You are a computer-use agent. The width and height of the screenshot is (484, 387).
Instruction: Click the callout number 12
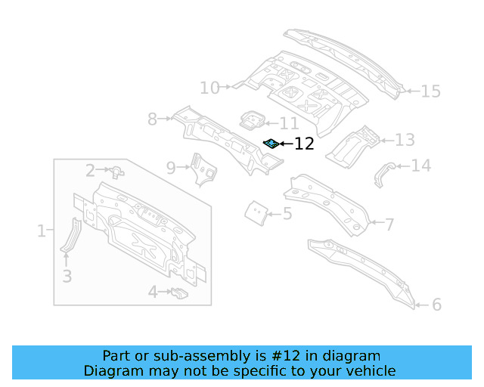(304, 144)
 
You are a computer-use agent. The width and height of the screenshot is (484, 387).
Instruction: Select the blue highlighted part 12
(270, 143)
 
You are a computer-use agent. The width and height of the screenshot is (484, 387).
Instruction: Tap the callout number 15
(430, 91)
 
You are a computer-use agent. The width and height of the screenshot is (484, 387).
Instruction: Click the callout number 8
(152, 119)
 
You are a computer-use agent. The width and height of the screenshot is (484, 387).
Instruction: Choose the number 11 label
(289, 123)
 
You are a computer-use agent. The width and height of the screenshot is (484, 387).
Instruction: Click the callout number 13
(405, 140)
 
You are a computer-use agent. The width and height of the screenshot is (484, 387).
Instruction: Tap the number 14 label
(420, 166)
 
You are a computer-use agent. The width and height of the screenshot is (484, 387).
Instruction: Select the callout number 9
(171, 167)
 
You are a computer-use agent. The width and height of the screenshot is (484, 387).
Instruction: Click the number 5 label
(287, 214)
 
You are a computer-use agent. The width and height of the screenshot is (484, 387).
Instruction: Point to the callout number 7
(389, 224)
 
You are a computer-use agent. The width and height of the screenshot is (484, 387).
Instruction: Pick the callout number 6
(436, 305)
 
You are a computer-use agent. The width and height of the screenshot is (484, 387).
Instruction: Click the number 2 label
(90, 171)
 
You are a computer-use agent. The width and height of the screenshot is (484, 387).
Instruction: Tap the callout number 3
(67, 277)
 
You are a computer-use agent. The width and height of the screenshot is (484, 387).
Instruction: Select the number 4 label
(153, 292)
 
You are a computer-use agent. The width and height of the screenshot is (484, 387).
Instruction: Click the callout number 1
(41, 231)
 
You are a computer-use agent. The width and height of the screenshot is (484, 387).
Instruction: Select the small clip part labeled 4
(178, 293)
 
